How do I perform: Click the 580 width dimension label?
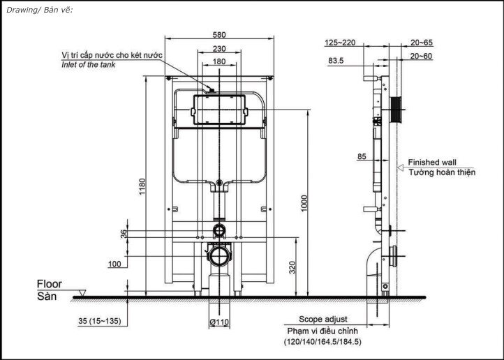click(x=219, y=35)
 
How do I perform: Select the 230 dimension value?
click(x=219, y=49)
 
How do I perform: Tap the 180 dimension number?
click(x=219, y=61)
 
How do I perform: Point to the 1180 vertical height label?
click(x=142, y=186)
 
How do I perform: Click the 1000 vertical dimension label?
click(x=304, y=203)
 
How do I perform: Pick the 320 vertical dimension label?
click(x=292, y=267)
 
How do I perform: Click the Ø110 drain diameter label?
click(x=219, y=322)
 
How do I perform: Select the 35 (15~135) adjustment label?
click(x=100, y=321)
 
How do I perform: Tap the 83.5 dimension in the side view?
click(x=336, y=61)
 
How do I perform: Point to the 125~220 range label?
click(x=340, y=43)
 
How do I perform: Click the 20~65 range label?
click(x=422, y=43)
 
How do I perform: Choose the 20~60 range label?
click(x=422, y=56)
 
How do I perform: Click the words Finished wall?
click(x=432, y=162)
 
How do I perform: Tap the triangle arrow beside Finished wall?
click(x=401, y=167)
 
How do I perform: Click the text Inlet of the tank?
click(x=89, y=65)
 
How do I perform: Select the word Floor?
click(x=49, y=284)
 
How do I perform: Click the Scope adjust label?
click(x=323, y=320)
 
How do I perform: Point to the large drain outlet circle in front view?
click(x=219, y=256)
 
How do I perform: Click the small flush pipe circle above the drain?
click(x=219, y=230)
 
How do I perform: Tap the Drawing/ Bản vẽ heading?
click(x=40, y=10)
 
